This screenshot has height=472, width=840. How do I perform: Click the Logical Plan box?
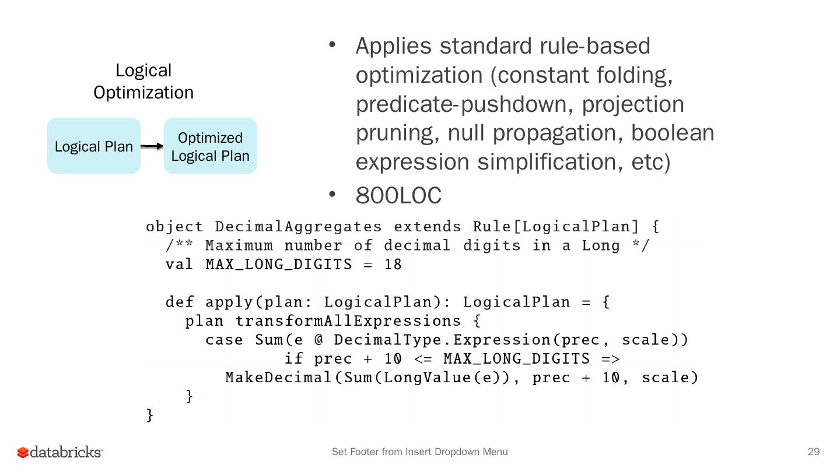(x=94, y=146)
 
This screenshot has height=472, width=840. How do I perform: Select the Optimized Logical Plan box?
(x=211, y=146)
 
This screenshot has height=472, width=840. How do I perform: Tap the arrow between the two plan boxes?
(x=152, y=146)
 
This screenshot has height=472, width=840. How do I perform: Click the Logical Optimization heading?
(x=143, y=81)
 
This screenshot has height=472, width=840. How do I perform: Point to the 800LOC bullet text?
(x=398, y=196)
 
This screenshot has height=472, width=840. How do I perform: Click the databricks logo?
(x=60, y=452)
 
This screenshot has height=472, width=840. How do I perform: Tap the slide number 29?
(x=813, y=452)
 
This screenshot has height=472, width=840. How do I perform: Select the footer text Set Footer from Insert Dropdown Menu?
(x=419, y=452)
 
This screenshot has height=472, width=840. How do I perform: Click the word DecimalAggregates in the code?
(x=298, y=227)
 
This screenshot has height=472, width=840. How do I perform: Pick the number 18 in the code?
(x=393, y=265)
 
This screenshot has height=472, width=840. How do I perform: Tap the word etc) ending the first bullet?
(x=651, y=162)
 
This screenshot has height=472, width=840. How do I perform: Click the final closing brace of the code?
(x=150, y=415)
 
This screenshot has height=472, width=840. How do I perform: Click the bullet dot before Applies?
(x=332, y=44)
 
